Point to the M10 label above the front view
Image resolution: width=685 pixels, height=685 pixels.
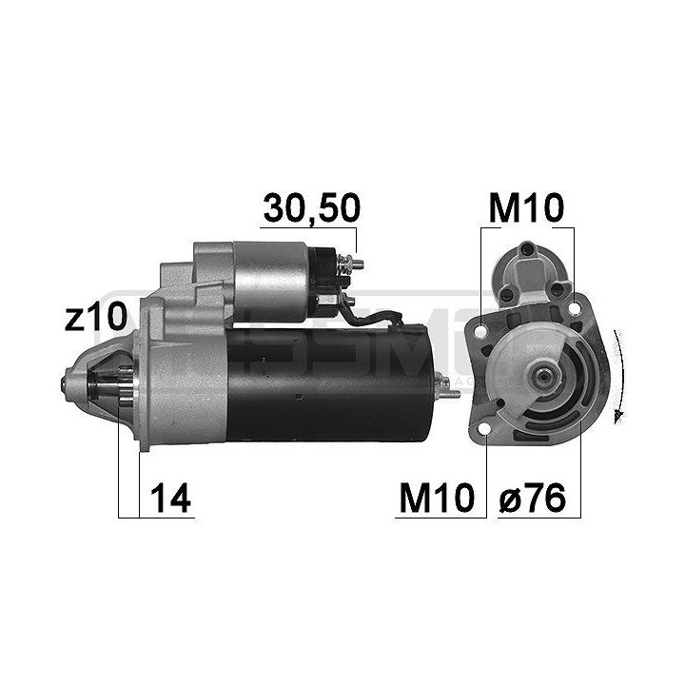(x=527, y=206)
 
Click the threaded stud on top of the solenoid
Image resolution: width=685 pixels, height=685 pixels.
(x=354, y=263)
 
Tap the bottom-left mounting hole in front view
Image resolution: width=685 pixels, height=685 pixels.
(x=487, y=436)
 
